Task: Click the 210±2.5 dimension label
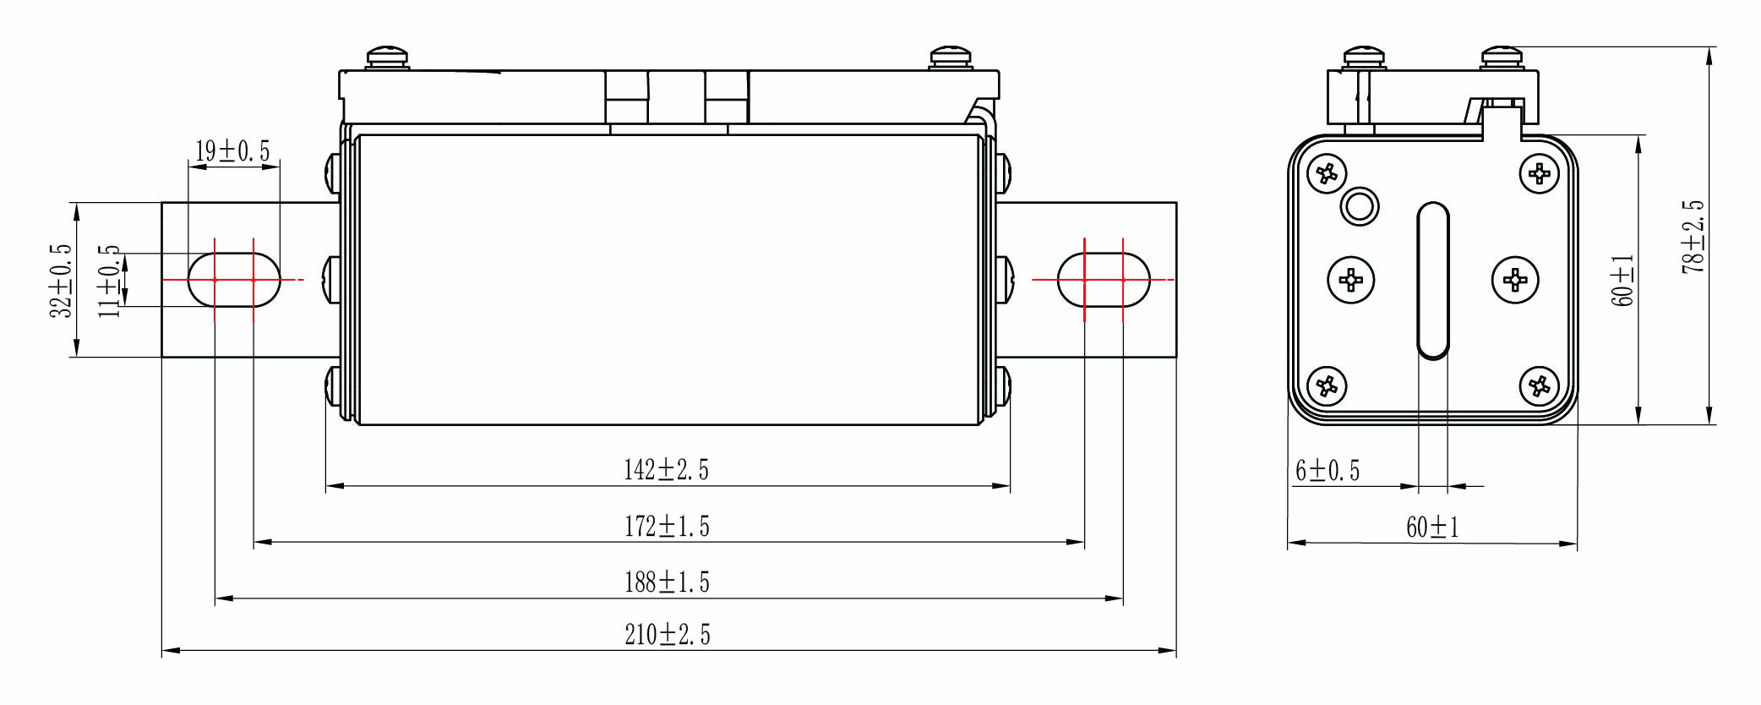click(x=667, y=635)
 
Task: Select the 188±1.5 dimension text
click(x=667, y=582)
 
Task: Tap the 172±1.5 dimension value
click(x=667, y=527)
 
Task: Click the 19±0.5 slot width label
click(x=232, y=152)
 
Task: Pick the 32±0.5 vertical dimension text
click(x=61, y=281)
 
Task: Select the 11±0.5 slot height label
click(x=110, y=281)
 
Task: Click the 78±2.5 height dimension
click(x=1693, y=237)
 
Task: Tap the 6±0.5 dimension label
click(x=1328, y=471)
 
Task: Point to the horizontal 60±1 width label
click(x=1432, y=527)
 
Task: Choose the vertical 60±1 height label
click(x=1622, y=280)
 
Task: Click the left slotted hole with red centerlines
click(x=234, y=280)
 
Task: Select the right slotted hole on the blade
click(x=1104, y=280)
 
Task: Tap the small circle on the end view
click(x=1360, y=206)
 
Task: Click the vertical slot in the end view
click(x=1432, y=280)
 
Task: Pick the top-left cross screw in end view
click(x=1326, y=175)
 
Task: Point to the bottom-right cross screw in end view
click(x=1539, y=386)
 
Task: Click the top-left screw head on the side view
click(x=388, y=58)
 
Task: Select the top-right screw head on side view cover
click(x=951, y=58)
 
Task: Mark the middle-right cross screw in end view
click(x=1515, y=280)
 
